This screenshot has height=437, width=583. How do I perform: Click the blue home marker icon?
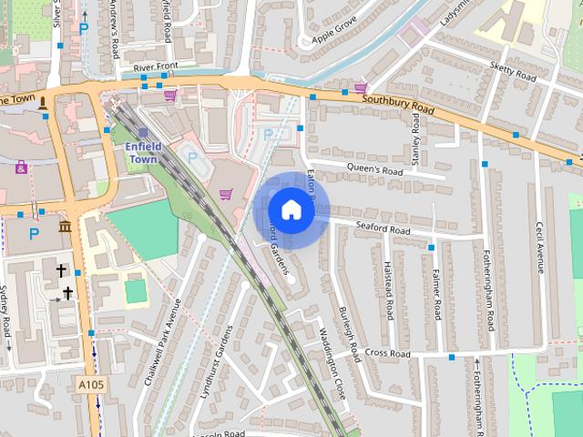click(291, 209)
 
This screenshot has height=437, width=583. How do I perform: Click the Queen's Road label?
click(368, 168)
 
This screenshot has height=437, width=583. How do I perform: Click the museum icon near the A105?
click(65, 226)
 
